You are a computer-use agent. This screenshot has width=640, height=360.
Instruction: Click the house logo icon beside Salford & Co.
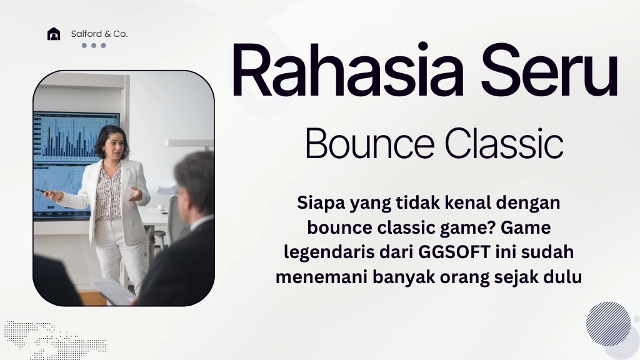coord(54,34)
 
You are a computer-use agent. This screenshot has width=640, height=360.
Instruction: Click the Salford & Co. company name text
coord(99,34)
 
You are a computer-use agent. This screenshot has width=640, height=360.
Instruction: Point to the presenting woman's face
coord(107,142)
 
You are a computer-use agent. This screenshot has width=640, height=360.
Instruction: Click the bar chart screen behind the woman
coord(69,134)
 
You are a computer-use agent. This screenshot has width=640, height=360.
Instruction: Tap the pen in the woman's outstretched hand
coord(42,191)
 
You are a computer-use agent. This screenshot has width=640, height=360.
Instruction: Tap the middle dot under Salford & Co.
coord(94,46)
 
